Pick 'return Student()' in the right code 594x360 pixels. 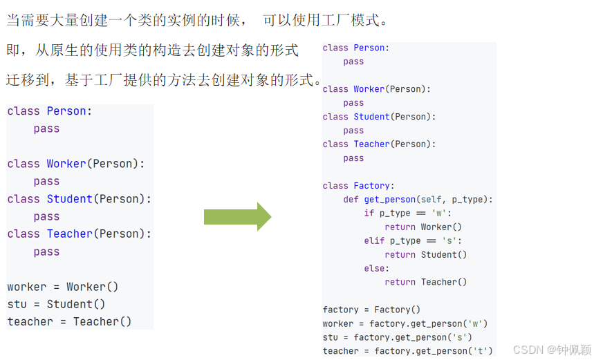[x=426, y=255]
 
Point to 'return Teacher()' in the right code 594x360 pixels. [x=426, y=282]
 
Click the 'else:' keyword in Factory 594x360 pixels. [x=377, y=269]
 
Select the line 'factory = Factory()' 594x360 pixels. [x=371, y=310]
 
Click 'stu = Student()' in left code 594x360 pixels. [x=56, y=304]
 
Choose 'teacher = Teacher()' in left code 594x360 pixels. [x=69, y=322]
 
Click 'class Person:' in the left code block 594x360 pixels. [x=50, y=111]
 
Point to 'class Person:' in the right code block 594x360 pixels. [x=356, y=48]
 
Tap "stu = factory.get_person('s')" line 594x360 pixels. [x=397, y=337]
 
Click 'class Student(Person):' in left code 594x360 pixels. [x=80, y=199]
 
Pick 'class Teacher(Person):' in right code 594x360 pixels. [x=379, y=144]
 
